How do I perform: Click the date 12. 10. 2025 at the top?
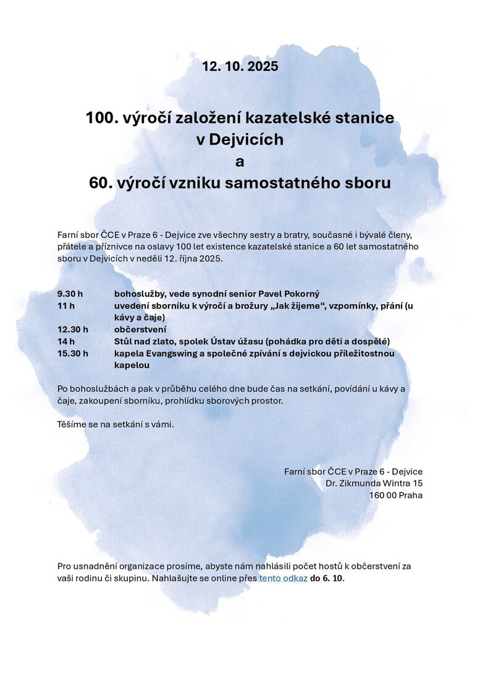[240, 66]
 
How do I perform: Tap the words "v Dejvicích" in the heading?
[240, 140]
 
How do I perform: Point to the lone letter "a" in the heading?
[240, 162]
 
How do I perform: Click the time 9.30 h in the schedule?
[70, 294]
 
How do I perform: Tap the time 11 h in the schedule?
[66, 305]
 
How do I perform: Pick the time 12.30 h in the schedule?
[72, 329]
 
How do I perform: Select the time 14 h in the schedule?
[66, 341]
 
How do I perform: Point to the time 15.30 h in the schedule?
[72, 354]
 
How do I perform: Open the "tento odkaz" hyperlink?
[283, 578]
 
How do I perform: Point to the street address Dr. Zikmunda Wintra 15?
[374, 483]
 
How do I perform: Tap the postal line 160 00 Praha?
[396, 495]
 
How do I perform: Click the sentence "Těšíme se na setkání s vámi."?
[116, 425]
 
